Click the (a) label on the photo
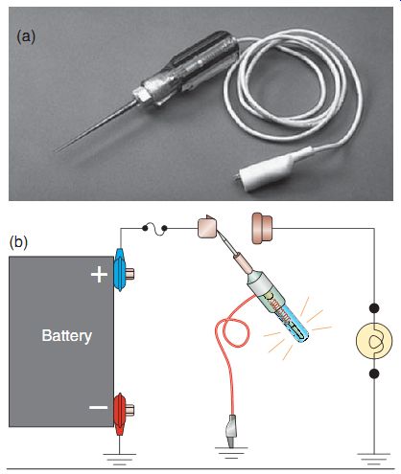[x=26, y=36]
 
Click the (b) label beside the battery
[x=18, y=242]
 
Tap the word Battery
[x=67, y=336]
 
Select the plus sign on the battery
[x=99, y=275]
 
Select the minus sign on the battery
[x=98, y=407]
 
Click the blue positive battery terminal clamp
[x=120, y=270]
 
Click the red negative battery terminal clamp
[x=120, y=414]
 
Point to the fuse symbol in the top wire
[x=154, y=229]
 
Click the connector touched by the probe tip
[x=207, y=227]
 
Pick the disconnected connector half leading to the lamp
[x=262, y=229]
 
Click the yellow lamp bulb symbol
[x=374, y=341]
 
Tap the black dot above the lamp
[x=374, y=308]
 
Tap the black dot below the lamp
[x=374, y=373]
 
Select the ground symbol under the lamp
[x=374, y=459]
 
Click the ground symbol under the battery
[x=120, y=460]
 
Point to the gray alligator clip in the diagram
[x=231, y=431]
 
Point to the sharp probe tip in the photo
[x=56, y=151]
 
